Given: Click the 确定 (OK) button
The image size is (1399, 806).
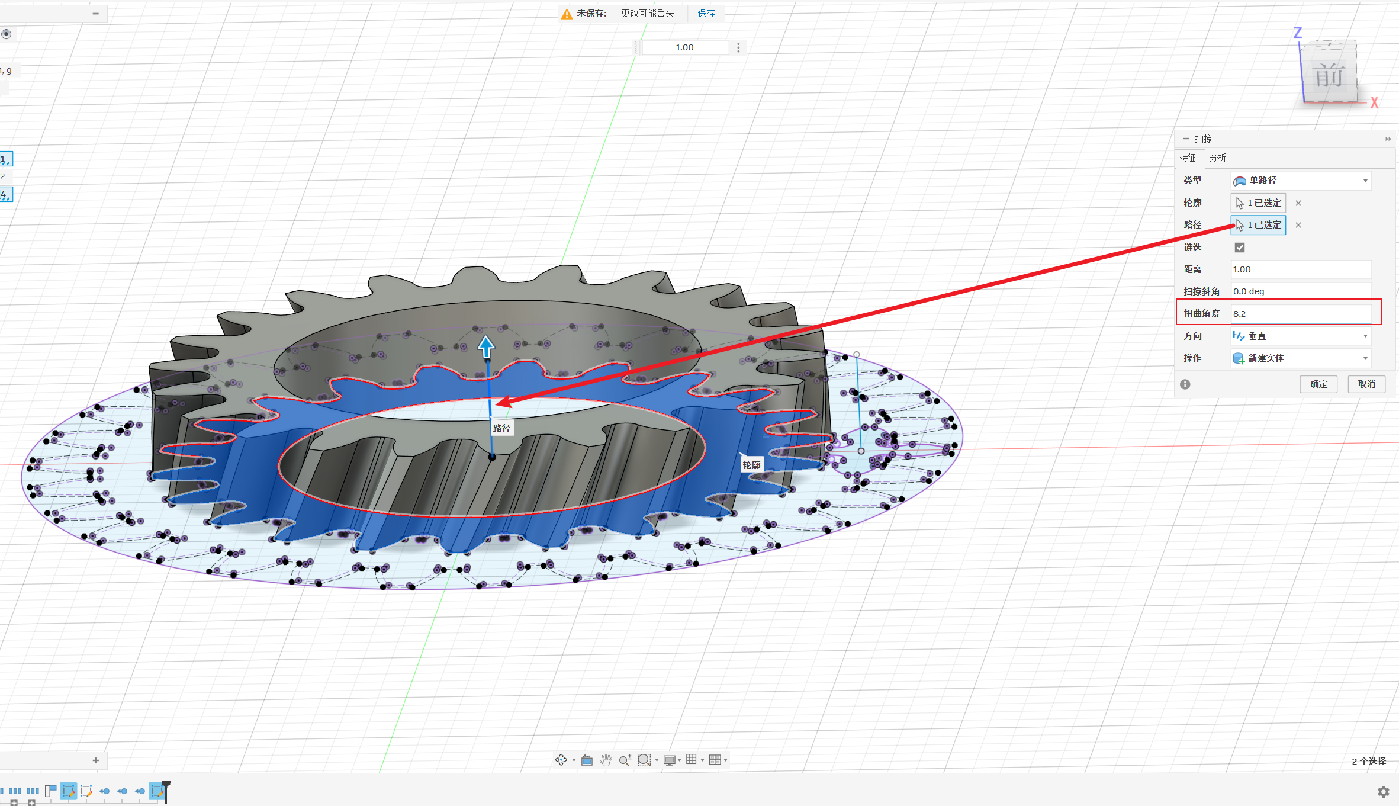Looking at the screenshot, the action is click(x=1318, y=384).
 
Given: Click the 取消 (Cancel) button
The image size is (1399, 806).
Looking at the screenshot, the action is click(x=1366, y=384).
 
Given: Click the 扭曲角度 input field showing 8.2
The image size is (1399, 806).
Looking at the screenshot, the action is click(x=1301, y=313).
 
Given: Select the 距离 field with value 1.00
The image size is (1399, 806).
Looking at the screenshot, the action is click(x=1301, y=269).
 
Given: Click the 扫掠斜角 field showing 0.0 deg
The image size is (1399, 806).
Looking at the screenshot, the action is click(x=1301, y=291).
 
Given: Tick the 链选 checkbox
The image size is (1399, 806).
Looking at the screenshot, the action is click(x=1240, y=248).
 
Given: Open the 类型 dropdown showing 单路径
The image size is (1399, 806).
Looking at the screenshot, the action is click(x=1301, y=181).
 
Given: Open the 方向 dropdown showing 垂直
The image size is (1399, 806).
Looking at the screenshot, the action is click(x=1301, y=336).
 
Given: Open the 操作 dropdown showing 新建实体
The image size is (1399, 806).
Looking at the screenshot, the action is click(x=1301, y=358).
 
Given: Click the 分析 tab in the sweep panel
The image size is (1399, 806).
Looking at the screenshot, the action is click(x=1218, y=158).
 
